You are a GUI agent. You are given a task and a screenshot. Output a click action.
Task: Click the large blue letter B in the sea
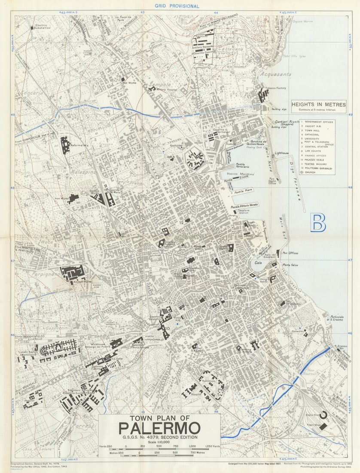[318, 222]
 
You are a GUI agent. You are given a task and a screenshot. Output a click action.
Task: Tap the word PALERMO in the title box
[159, 428]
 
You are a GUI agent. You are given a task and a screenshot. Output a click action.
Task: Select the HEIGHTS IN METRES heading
[318, 104]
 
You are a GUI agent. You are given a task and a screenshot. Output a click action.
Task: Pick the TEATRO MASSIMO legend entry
[318, 164]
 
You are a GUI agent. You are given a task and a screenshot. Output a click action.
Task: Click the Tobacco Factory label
[275, 88]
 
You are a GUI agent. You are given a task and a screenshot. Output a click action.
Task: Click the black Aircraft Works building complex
[72, 273]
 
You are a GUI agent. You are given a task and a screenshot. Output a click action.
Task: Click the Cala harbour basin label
[258, 262]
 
